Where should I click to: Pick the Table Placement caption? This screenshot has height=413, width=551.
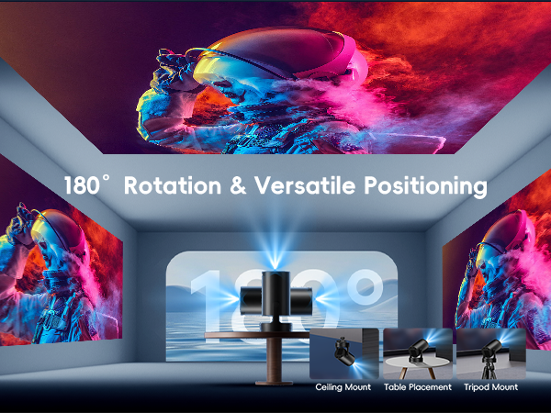[419, 387]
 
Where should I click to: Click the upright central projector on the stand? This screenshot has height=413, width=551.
[275, 294]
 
